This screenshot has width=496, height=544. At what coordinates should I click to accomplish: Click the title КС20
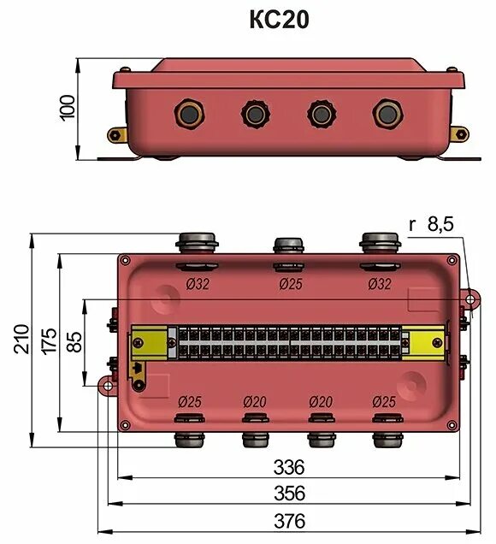tap(279, 20)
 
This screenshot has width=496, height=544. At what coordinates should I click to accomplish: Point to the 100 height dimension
tap(68, 108)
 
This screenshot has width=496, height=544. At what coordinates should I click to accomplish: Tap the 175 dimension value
tap(48, 342)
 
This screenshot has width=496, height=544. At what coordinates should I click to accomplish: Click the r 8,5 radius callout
tap(431, 225)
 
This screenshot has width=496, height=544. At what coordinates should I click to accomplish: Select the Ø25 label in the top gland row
tap(292, 284)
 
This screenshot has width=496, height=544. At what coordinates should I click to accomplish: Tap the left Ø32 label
tap(195, 284)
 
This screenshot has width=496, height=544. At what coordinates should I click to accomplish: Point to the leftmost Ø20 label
tap(256, 401)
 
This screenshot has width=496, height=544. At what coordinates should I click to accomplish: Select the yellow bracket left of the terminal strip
tap(149, 343)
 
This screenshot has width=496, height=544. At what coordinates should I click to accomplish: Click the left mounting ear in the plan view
tap(107, 386)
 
